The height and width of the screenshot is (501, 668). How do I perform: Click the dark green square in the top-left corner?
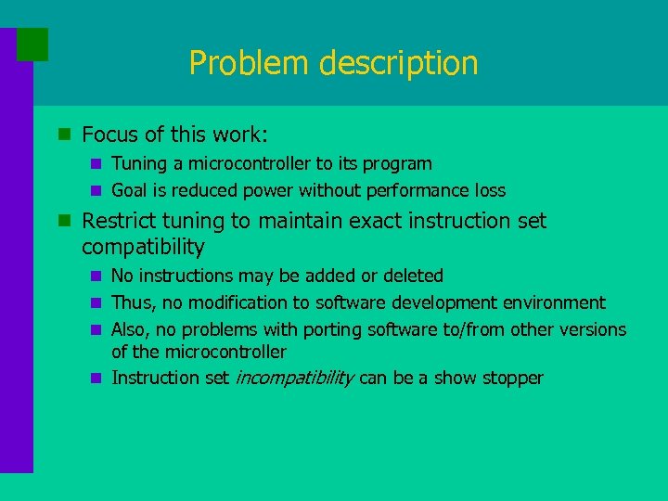(32, 44)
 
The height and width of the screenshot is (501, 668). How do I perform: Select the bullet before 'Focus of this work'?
(64, 135)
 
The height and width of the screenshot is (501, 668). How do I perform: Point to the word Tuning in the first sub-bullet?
(138, 164)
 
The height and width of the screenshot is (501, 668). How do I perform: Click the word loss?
(489, 191)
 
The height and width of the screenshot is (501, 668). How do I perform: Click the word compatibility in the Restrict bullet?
(143, 247)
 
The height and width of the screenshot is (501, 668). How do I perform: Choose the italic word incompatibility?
(295, 378)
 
